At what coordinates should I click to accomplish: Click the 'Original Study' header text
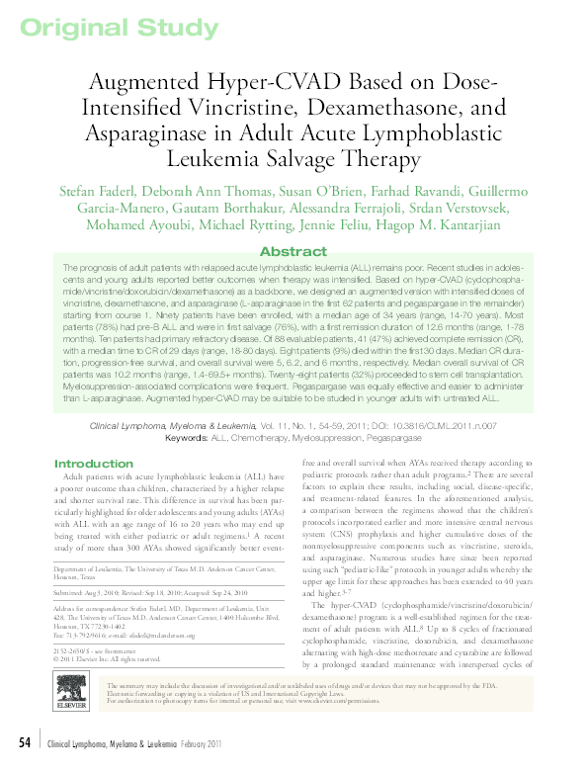(96, 27)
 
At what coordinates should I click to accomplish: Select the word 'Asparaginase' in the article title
(160, 132)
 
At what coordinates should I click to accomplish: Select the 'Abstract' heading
(293, 252)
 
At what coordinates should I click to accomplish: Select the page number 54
(27, 743)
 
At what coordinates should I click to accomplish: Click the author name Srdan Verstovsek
(470, 207)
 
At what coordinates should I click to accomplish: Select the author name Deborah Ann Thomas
(204, 188)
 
